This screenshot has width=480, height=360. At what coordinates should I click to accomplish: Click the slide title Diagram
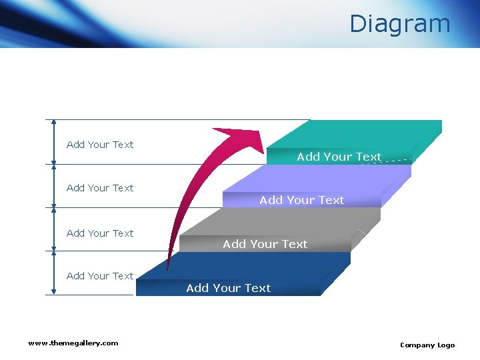point(400,24)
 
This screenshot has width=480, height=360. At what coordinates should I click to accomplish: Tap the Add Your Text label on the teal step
point(339,157)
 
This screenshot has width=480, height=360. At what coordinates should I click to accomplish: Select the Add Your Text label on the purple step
point(301,200)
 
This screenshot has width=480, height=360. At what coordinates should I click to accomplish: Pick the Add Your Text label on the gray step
point(265,244)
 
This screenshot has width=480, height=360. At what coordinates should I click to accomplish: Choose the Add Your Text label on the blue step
point(228,288)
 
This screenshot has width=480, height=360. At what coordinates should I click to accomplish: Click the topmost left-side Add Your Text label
point(100,145)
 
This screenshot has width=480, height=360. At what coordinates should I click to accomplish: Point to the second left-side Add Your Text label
point(100,188)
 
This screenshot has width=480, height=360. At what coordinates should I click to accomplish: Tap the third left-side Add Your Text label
point(100,233)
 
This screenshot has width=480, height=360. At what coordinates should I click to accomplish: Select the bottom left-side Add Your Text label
point(100,276)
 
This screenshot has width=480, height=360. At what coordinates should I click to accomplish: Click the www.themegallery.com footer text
point(73,343)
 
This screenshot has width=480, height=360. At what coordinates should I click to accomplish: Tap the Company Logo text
point(427,345)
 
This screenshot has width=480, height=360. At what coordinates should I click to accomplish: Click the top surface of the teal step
point(360,133)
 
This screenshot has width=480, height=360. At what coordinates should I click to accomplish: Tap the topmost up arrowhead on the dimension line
point(54,123)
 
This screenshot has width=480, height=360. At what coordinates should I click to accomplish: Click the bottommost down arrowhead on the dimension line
point(54,291)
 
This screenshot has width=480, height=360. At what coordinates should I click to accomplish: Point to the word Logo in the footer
point(446,345)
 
